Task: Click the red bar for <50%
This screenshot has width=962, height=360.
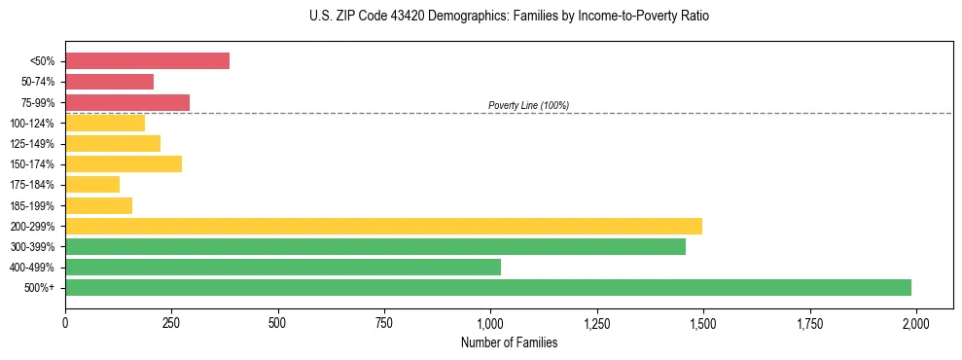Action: tap(147, 61)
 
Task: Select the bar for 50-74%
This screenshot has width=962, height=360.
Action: tap(109, 82)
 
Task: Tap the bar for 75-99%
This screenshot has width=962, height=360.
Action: tap(127, 102)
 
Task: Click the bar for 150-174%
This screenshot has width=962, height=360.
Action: tap(124, 163)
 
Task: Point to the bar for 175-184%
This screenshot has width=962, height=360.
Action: tap(92, 184)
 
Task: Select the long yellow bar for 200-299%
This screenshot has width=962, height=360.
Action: tap(383, 226)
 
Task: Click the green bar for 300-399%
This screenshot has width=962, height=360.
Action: tap(375, 246)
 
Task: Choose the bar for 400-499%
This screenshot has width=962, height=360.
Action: tap(283, 267)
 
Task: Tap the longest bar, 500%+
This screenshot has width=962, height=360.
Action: tap(488, 287)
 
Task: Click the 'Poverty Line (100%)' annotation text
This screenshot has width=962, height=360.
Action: tap(528, 105)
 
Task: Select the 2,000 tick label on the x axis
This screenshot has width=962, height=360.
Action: tap(915, 321)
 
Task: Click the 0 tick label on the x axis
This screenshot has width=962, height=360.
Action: tap(65, 321)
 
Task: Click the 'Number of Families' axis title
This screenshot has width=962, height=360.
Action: tap(509, 342)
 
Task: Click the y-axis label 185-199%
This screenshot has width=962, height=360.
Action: tap(33, 205)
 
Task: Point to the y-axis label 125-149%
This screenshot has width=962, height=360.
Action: tap(33, 144)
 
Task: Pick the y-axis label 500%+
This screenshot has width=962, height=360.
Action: tap(41, 288)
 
